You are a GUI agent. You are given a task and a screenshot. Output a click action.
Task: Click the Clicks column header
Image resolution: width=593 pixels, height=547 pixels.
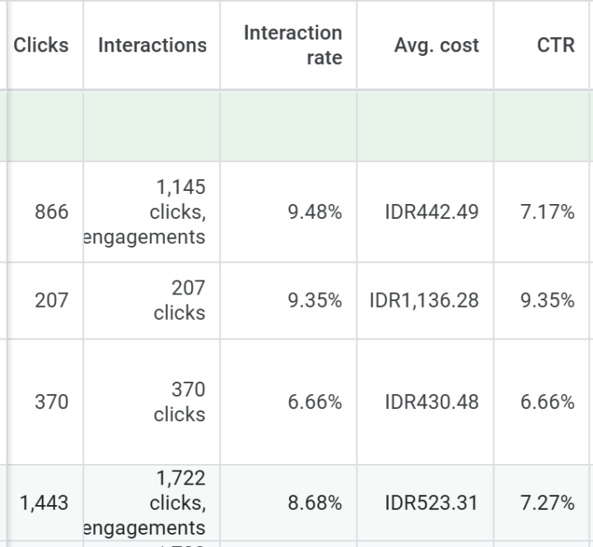click(41, 45)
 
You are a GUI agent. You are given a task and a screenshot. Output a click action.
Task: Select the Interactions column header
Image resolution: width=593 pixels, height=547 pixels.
click(152, 45)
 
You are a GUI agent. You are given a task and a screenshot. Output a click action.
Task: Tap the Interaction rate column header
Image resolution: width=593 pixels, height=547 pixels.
click(292, 45)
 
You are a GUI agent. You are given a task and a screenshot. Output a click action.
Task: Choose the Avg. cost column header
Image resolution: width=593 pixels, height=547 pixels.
click(437, 45)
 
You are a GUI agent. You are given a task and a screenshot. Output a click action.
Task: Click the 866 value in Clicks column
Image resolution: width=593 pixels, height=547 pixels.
click(52, 212)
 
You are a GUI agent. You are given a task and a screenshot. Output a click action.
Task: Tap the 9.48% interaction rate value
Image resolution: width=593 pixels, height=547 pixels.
click(315, 212)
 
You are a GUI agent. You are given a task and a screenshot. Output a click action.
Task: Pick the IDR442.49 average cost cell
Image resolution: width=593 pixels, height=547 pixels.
click(432, 212)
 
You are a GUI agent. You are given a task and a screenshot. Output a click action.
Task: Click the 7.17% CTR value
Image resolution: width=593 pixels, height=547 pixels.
click(548, 212)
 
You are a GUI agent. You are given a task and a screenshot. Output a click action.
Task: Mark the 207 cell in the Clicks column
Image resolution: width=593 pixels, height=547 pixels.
click(52, 300)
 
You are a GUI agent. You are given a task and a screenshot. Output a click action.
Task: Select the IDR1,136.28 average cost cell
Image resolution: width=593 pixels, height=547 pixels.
click(424, 300)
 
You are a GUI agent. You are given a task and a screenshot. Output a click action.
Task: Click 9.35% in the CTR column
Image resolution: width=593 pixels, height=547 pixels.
click(548, 300)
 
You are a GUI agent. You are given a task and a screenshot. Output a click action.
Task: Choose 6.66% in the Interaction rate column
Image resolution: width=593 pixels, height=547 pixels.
click(315, 402)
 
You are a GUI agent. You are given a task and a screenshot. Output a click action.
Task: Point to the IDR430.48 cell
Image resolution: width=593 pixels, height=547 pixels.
click(432, 402)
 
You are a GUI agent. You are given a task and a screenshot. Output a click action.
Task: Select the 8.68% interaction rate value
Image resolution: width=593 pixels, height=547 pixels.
click(315, 503)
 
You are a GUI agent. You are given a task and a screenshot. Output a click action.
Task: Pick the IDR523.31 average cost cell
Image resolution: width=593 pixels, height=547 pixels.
click(432, 503)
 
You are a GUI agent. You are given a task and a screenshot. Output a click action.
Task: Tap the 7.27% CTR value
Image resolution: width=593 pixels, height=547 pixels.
click(548, 503)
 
